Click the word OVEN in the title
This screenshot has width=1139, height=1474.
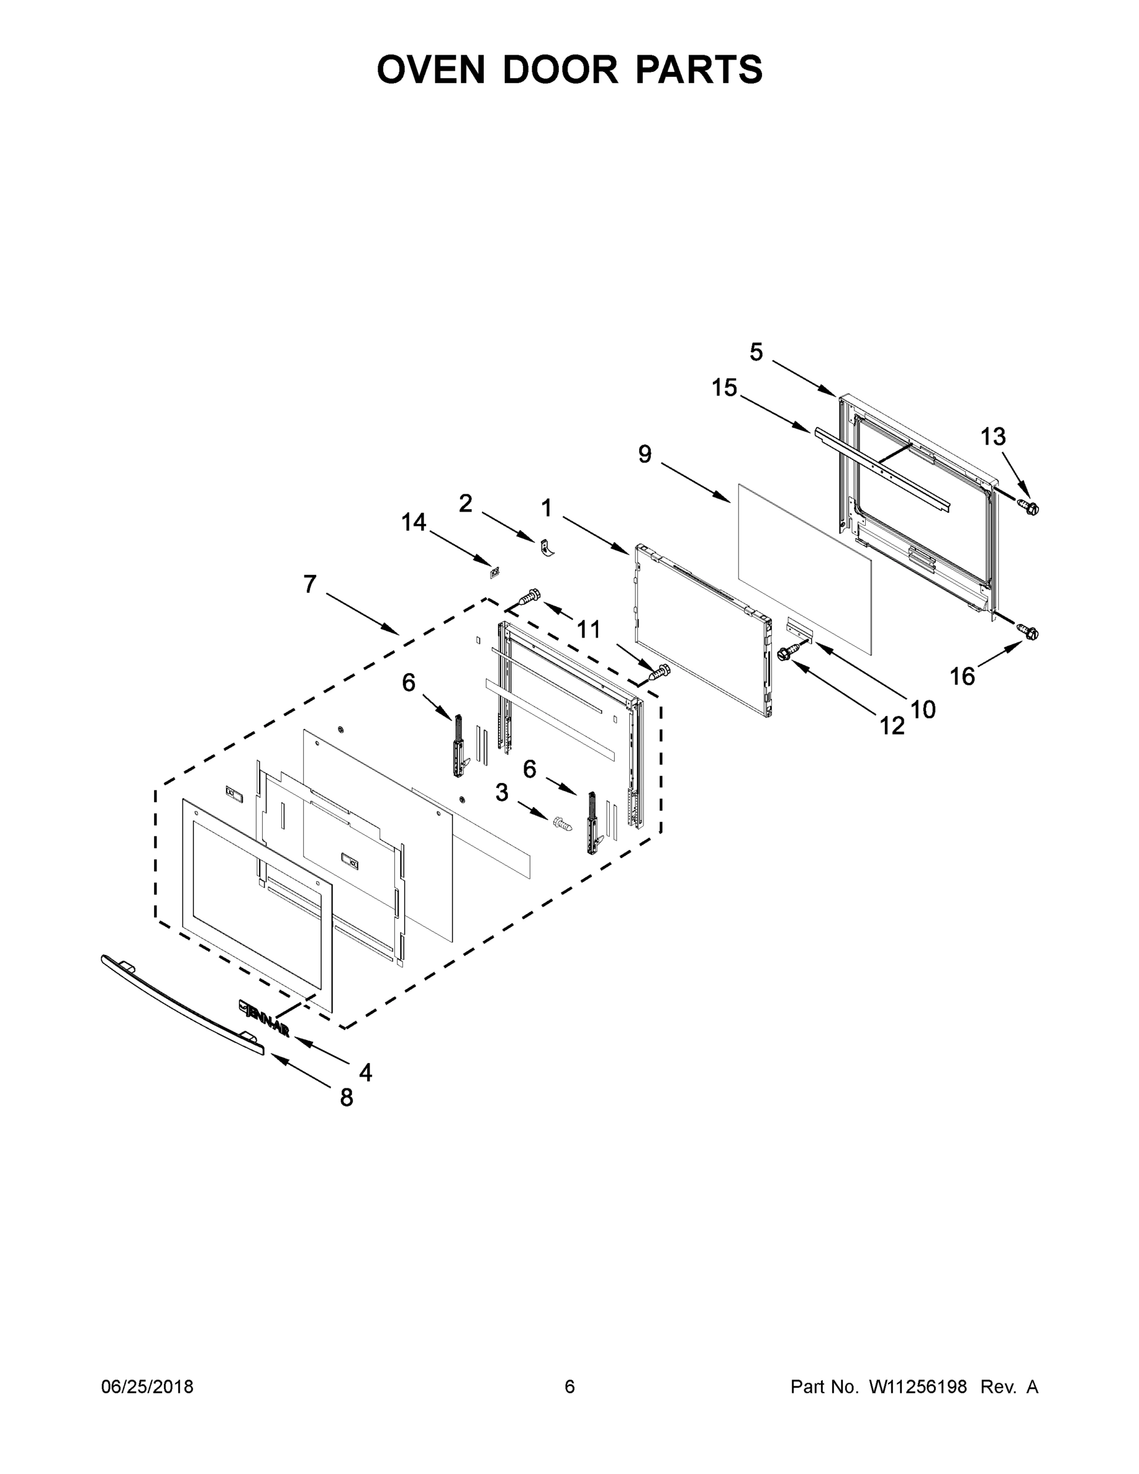point(430,69)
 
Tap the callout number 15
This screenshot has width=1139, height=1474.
point(724,388)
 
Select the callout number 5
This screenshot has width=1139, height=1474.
point(756,352)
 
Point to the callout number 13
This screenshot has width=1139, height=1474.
point(993,437)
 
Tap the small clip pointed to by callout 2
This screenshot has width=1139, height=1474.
point(547,548)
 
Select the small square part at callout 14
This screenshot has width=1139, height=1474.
point(495,573)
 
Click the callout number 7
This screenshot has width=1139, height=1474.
point(309,584)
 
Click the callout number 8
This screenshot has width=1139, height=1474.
point(346,1098)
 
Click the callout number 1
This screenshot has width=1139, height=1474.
point(546,507)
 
